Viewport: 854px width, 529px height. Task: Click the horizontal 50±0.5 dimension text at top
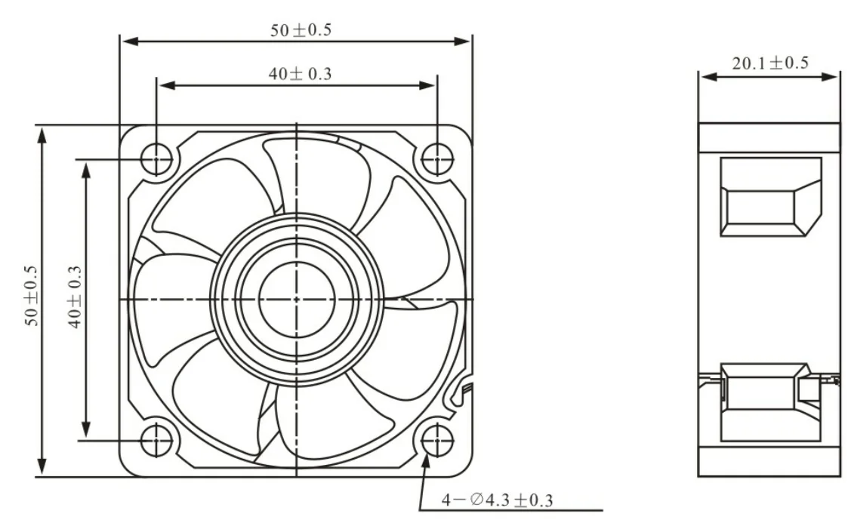(301, 31)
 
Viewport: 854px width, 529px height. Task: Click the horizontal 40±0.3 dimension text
(301, 74)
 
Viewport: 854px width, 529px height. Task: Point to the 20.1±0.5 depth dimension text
(769, 63)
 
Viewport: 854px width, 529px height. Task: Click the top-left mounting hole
(156, 160)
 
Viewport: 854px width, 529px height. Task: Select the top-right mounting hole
(436, 160)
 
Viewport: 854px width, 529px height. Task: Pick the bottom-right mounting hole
(436, 438)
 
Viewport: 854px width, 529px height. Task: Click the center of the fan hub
(296, 299)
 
